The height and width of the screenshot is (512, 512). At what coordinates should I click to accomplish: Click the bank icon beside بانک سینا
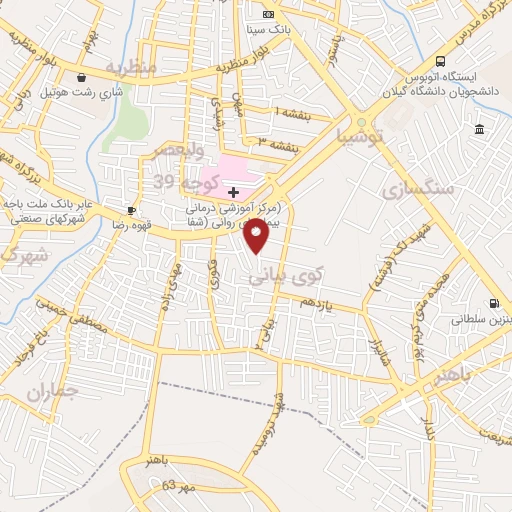pos(267,14)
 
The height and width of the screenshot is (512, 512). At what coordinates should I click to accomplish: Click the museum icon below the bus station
pos(480,130)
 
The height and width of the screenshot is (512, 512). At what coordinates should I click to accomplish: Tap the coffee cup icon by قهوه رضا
pos(129,210)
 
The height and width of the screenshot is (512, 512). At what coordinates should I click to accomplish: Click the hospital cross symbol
pos(233,191)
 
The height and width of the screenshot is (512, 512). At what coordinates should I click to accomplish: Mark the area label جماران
pos(52,391)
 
